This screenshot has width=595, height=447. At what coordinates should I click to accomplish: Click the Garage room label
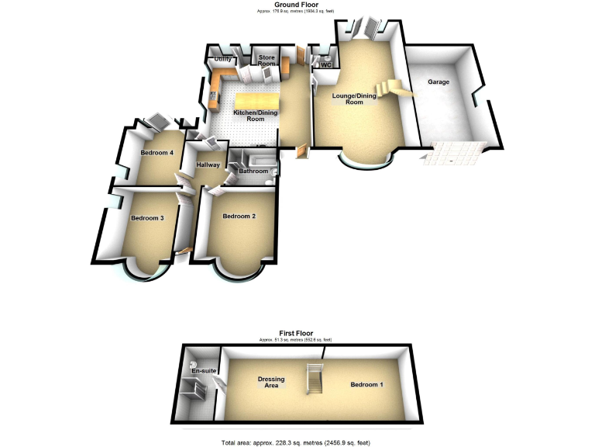(x=439, y=81)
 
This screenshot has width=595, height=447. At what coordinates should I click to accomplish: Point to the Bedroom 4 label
(x=156, y=152)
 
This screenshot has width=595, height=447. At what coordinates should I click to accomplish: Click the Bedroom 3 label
(x=147, y=218)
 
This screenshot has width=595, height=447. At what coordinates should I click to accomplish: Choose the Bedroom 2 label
(x=239, y=216)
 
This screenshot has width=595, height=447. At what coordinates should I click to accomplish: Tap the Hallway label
(x=208, y=165)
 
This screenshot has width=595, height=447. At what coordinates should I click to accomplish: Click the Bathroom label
(x=253, y=171)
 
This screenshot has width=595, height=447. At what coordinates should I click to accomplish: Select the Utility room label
(x=223, y=59)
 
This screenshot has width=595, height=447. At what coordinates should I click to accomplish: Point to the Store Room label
(x=267, y=60)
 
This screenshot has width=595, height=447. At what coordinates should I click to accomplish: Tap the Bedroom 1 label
(x=366, y=385)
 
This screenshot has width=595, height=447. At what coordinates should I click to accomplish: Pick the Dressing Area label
(x=271, y=382)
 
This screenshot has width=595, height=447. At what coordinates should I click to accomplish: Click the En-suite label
(x=202, y=372)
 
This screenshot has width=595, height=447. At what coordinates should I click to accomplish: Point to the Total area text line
(x=297, y=442)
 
